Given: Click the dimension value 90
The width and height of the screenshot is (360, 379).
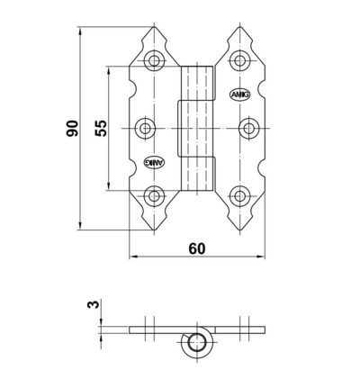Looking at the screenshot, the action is [x=72, y=128].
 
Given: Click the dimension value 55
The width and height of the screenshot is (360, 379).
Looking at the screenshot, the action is [x=101, y=128].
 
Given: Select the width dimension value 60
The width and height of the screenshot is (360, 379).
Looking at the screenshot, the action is [x=197, y=248].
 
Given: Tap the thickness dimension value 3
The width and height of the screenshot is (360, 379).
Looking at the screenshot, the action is [x=93, y=304].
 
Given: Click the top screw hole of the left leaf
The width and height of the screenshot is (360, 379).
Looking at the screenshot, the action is [x=154, y=60].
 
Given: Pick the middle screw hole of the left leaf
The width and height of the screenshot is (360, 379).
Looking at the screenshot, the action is [x=145, y=129].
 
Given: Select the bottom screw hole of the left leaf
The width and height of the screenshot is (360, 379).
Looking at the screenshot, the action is [x=154, y=196].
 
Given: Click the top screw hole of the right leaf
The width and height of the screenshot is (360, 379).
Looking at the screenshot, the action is [x=239, y=60].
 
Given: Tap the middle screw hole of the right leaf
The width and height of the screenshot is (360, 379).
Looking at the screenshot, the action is [x=248, y=129].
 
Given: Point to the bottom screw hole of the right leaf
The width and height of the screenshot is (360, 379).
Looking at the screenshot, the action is [x=239, y=196].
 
